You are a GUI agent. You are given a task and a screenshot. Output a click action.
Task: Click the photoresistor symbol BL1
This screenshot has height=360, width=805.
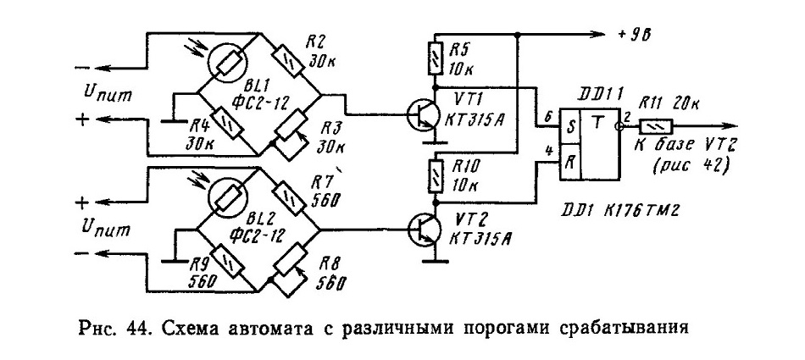coord(229,62)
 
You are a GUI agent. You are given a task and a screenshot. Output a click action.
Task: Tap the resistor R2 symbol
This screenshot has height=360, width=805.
coord(287,62)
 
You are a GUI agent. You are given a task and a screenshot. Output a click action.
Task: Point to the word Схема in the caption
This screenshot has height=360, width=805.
coord(183,327)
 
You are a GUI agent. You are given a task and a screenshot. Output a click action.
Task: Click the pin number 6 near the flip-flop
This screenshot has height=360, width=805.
coord(548,117)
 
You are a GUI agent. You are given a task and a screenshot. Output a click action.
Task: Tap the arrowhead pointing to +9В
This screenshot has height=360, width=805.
coord(597,35)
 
